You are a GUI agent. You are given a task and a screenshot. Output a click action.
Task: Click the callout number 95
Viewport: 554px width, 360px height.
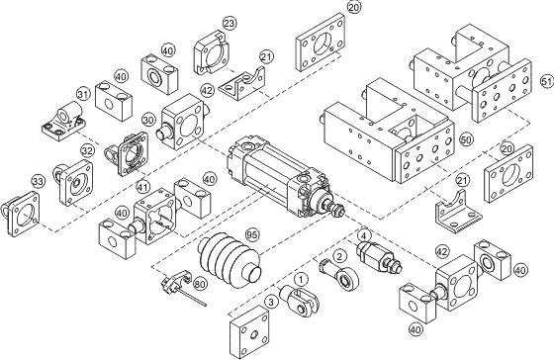pos(251,235)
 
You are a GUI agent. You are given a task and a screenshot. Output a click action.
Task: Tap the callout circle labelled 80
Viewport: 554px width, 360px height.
pos(200,282)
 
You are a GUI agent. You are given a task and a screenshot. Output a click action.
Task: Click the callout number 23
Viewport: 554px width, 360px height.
pos(230,23)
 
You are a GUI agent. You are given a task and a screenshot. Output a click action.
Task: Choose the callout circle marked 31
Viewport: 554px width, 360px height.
pos(83,95)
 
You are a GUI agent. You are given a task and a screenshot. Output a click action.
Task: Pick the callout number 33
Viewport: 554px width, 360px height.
pos(39,182)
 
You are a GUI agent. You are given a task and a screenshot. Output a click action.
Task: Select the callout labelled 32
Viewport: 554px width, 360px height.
pos(88,151)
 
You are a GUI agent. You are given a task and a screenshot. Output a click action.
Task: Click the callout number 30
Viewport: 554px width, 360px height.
pos(149,118)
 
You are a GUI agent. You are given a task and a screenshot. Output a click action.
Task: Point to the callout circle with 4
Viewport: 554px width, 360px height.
pos(364,235)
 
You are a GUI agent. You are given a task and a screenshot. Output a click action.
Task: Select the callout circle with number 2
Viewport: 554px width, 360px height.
pos(339,255)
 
